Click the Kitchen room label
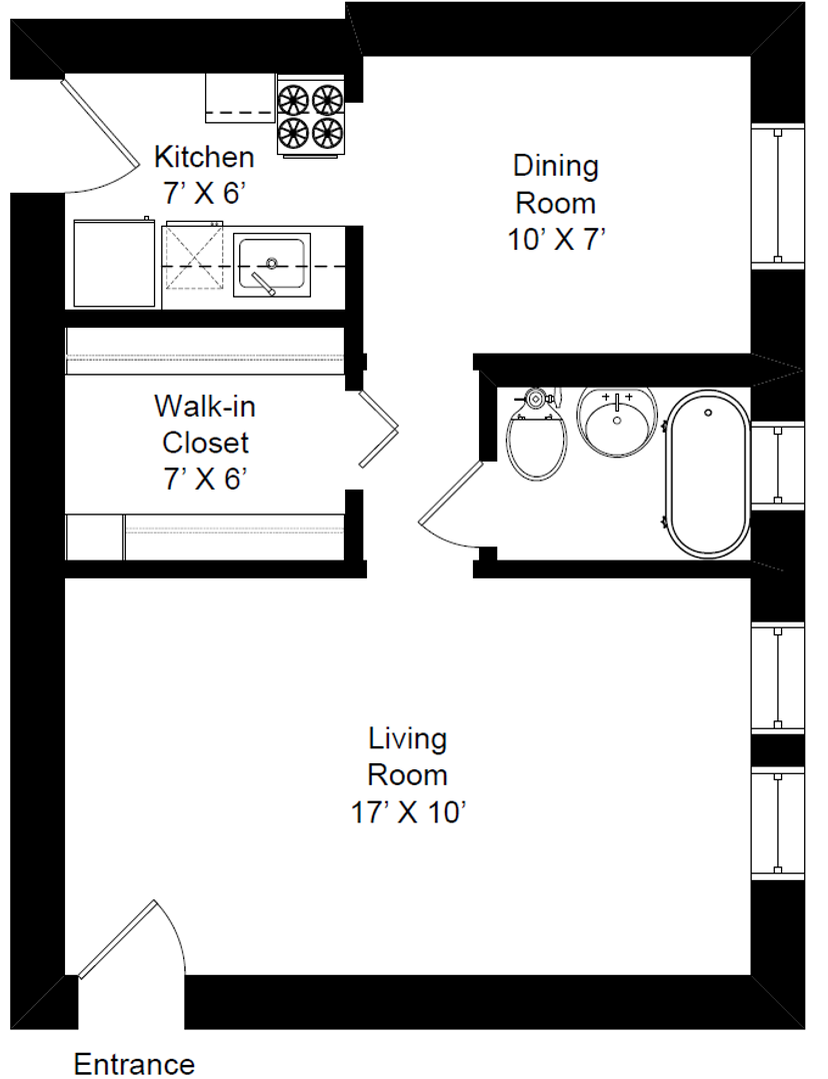tap(204, 157)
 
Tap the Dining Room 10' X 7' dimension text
tap(557, 240)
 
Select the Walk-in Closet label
tap(205, 425)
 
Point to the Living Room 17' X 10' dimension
tap(408, 812)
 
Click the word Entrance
tap(134, 1063)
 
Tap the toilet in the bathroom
tap(536, 435)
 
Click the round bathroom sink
tap(617, 421)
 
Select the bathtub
tap(707, 474)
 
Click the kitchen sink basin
tap(271, 265)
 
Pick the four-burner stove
tap(310, 115)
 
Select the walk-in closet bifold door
tap(378, 430)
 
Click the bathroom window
tap(777, 466)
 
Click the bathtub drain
tap(707, 413)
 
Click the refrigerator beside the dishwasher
tap(114, 263)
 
